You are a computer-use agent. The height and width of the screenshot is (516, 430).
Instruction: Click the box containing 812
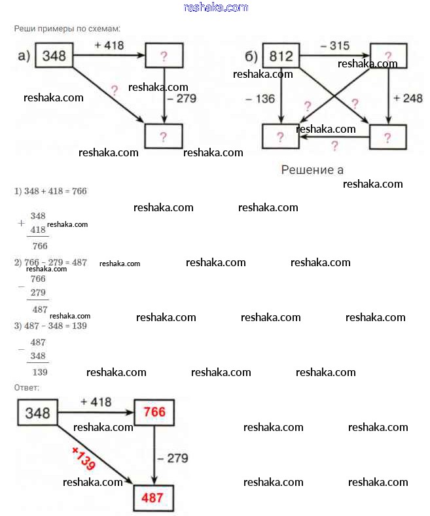(x=281, y=56)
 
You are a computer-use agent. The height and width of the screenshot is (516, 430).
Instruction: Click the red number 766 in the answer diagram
(x=155, y=412)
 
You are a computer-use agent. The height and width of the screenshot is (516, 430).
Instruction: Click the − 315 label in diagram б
(x=334, y=46)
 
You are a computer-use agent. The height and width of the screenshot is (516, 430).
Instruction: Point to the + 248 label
(x=408, y=98)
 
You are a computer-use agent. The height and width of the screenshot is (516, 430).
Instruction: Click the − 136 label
(x=260, y=99)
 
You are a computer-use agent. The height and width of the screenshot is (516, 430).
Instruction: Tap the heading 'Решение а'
(x=312, y=170)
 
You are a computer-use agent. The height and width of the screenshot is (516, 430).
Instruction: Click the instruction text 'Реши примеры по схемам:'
(x=67, y=29)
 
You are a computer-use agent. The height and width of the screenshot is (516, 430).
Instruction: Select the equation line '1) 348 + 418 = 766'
(x=50, y=192)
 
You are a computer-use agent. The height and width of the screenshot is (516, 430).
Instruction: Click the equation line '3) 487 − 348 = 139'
(x=50, y=326)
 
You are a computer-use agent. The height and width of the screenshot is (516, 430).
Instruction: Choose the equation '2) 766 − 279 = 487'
(x=50, y=262)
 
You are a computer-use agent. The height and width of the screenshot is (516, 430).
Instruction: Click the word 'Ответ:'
(x=27, y=388)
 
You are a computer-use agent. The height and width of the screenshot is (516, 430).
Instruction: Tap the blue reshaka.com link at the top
(x=216, y=7)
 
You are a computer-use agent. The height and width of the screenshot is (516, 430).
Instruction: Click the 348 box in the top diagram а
(x=54, y=56)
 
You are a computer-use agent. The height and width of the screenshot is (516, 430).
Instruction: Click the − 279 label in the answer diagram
(x=173, y=458)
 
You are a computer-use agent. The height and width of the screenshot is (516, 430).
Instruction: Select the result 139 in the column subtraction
(x=39, y=372)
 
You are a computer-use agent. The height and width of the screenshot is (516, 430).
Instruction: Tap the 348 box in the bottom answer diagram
(x=38, y=413)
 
